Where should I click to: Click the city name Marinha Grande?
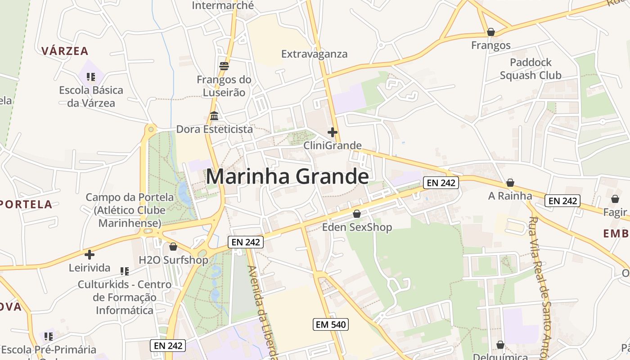287,176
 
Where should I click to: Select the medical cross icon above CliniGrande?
333,132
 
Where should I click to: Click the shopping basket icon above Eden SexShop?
357,214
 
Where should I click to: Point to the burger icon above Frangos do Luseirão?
224,66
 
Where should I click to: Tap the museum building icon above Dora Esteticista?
214,116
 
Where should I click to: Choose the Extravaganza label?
314,54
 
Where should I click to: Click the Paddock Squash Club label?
531,69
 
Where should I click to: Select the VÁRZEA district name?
65,51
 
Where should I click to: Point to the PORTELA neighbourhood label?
26,204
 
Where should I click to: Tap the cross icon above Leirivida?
90,255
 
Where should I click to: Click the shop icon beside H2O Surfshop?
173,247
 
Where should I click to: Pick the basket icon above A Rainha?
510,183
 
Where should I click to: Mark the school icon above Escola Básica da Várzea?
91,77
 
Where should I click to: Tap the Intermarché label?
223,6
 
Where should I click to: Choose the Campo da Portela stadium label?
130,210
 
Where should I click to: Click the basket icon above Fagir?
615,199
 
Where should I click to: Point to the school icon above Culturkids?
125,271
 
